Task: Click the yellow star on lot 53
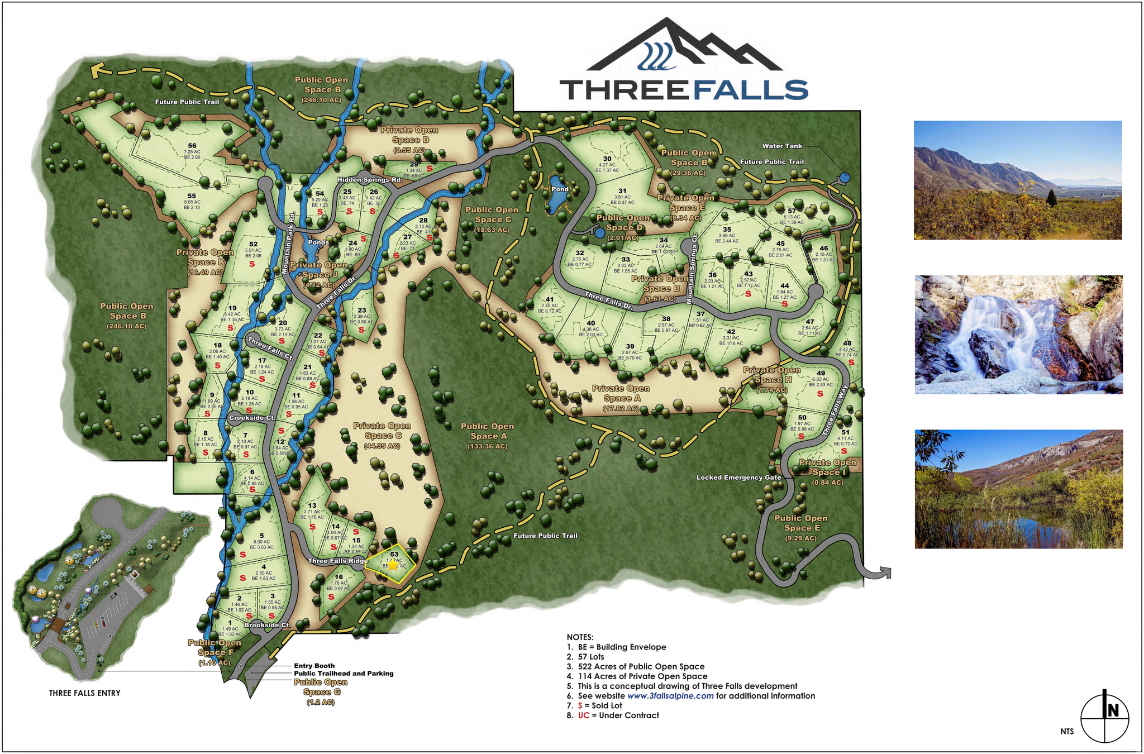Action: click(393, 565)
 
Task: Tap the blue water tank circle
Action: click(843, 178)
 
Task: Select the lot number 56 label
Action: click(192, 146)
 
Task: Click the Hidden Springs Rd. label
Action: click(370, 180)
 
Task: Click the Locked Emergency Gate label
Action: click(738, 478)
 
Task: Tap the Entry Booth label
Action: click(314, 665)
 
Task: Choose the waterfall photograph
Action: click(1018, 335)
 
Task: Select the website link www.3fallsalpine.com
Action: click(670, 696)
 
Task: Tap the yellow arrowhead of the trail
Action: click(98, 69)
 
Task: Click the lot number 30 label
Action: click(607, 159)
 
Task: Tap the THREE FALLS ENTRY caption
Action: click(85, 693)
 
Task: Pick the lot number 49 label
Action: click(821, 373)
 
